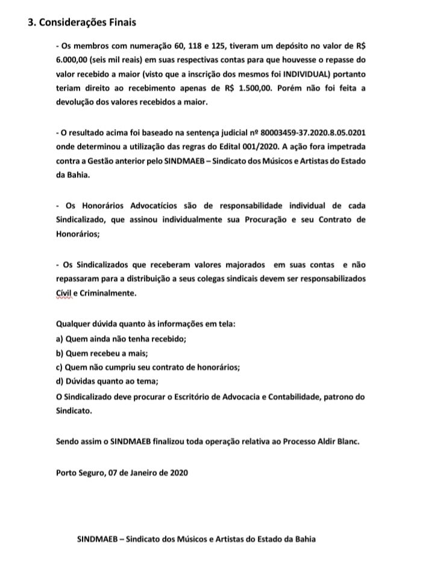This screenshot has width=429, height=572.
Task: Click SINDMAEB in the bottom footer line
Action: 98,539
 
